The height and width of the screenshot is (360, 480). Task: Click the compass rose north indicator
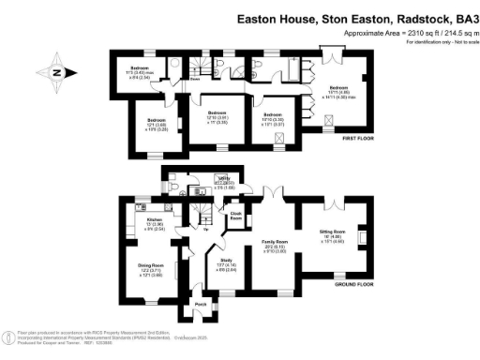56,72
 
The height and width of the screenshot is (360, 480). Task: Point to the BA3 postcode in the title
465,18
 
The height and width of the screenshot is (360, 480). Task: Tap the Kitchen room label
135,219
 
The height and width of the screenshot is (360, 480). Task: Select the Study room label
226,260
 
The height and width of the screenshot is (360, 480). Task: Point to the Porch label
201,306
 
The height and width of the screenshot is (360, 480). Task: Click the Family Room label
274,241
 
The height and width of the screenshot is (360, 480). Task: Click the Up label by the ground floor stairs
205,228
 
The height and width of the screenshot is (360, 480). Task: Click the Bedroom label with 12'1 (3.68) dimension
157,121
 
